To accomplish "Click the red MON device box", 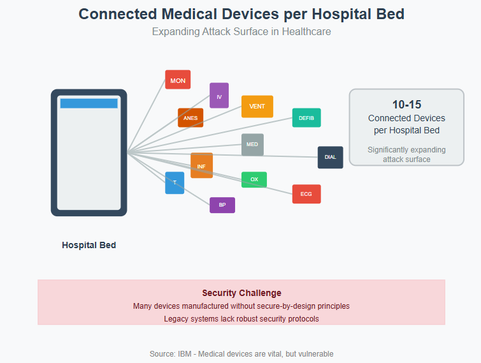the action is click(178, 80).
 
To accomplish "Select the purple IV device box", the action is click(219, 96).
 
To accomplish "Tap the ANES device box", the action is click(190, 117).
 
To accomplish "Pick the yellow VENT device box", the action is click(257, 107).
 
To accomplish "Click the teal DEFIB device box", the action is click(306, 117).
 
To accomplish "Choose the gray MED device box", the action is click(252, 145).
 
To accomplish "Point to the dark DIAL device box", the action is click(331, 157).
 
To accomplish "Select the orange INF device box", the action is click(201, 165).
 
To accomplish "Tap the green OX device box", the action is click(254, 180).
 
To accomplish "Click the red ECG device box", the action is click(306, 194).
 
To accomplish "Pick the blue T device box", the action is click(175, 182).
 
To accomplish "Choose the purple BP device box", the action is click(222, 205).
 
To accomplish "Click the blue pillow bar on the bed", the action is click(89, 103).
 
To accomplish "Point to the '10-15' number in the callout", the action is click(406, 105).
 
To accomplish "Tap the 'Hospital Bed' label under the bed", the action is click(89, 245).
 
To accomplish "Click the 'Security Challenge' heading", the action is click(241, 293).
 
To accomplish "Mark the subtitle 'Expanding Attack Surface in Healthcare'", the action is click(241, 32).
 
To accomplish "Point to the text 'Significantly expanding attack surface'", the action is click(406, 154).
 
